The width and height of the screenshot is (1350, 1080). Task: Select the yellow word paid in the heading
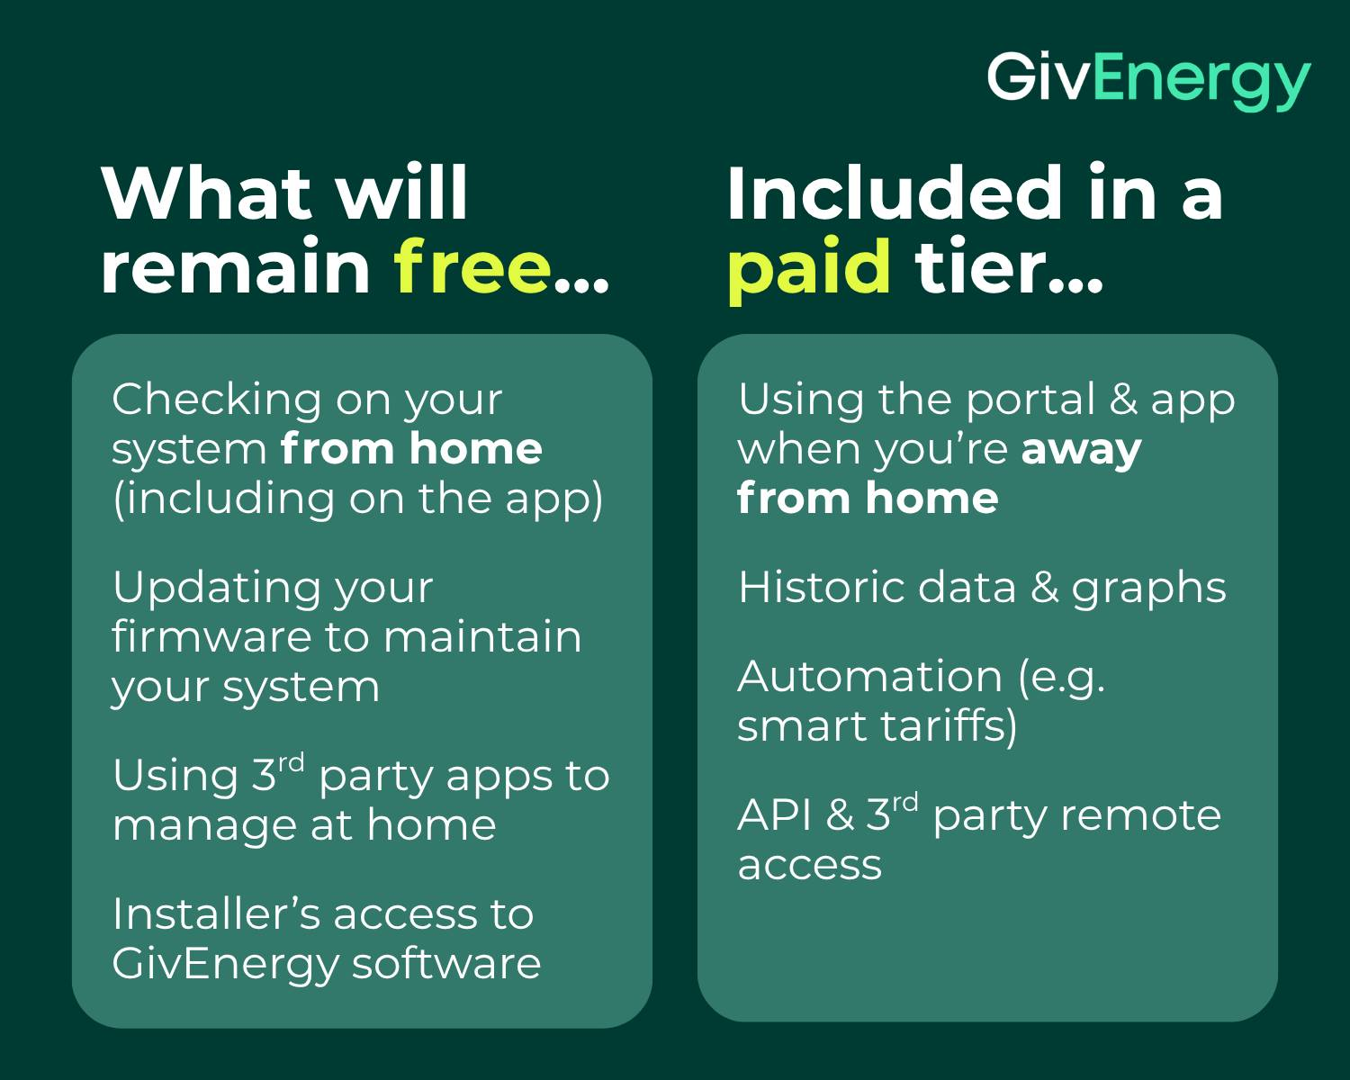coord(809,270)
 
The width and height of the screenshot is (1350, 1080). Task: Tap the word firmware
coord(211,636)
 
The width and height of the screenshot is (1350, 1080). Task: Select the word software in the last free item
coord(446,963)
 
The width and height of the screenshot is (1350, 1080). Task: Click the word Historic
coord(821,588)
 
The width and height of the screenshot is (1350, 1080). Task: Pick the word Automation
coord(869,677)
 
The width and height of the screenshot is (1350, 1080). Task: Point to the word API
coord(775,814)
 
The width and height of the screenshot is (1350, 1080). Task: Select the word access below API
coord(809,866)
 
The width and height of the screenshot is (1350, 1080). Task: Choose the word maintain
coord(481,636)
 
